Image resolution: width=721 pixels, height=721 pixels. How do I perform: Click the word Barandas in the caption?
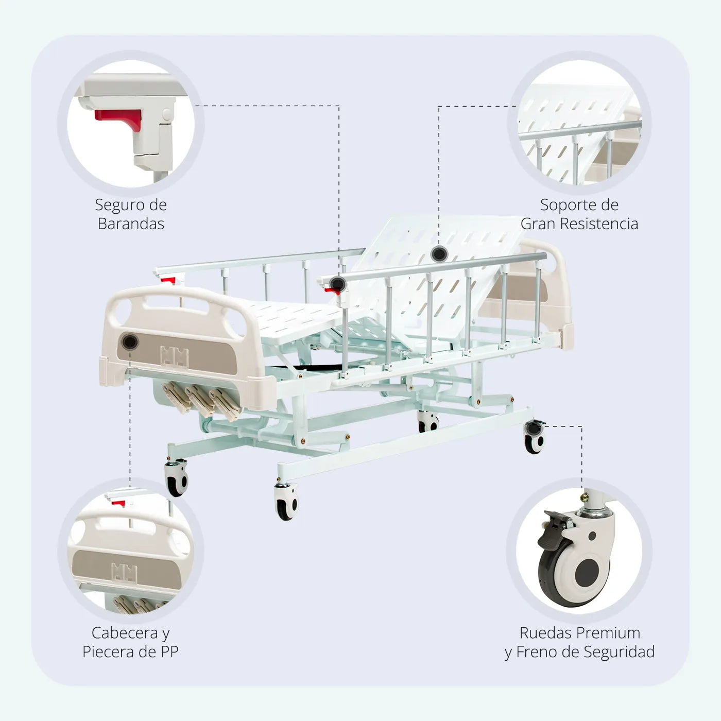pos(131,224)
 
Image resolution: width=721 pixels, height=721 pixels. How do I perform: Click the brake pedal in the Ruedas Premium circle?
pos(554,530)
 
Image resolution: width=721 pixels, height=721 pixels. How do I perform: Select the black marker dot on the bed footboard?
pos(130,341)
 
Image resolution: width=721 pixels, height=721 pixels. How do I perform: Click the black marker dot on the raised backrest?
pos(439,253)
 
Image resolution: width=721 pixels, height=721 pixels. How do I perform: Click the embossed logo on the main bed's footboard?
pos(174,356)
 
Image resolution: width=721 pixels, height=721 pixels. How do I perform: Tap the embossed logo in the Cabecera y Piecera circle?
pos(125,572)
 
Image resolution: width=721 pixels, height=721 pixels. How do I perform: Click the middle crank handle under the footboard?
pos(199,399)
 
